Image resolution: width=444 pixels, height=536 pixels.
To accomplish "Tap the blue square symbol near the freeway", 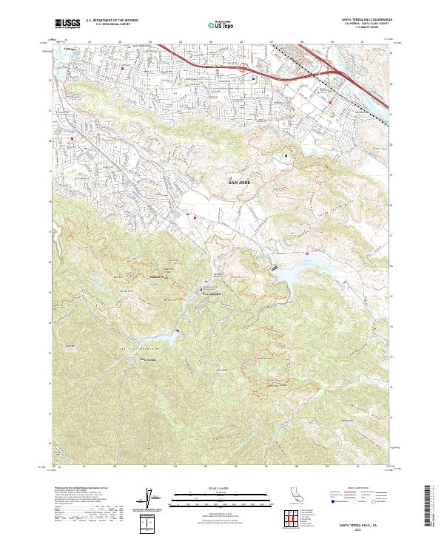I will [253, 78].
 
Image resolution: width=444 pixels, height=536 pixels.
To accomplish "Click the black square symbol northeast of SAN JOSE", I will [286, 155].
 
